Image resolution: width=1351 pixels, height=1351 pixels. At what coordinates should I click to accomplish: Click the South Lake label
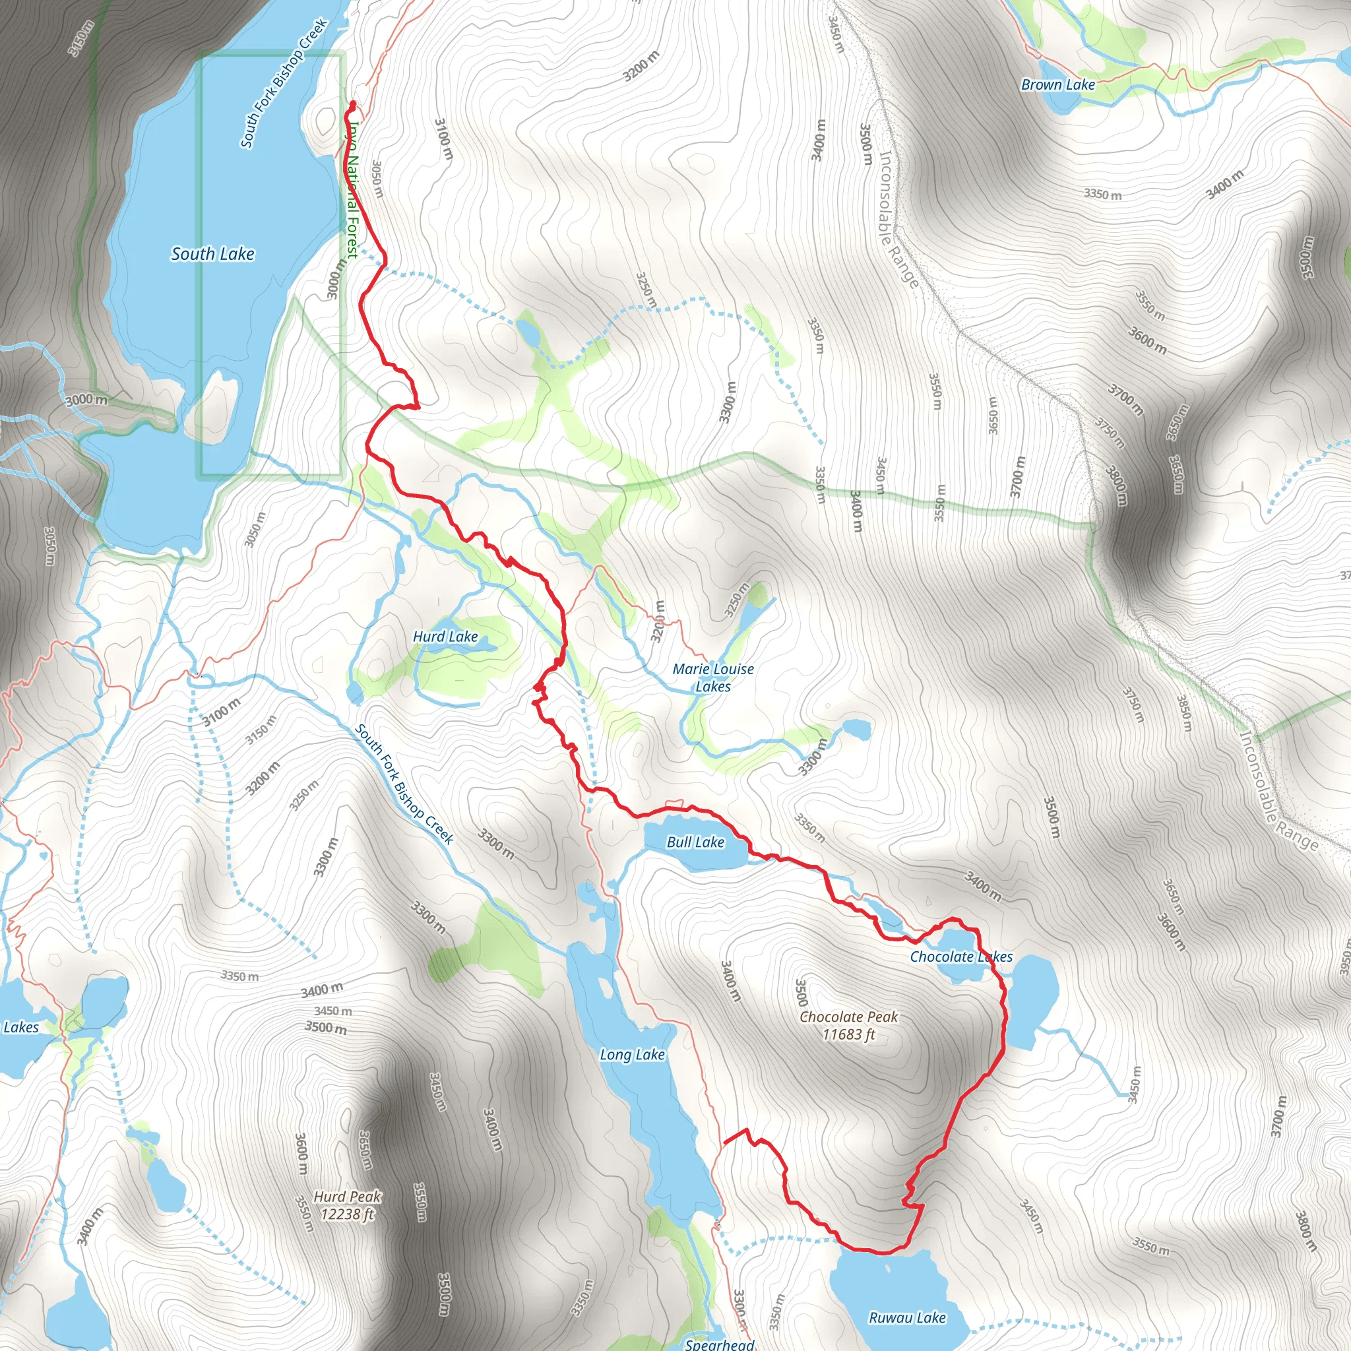point(212,254)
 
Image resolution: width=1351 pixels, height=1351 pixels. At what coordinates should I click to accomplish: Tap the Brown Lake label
point(1057,84)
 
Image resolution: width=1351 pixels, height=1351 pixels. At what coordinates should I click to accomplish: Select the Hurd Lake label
point(445,637)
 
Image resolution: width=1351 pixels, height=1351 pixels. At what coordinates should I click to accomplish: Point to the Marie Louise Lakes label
point(712,677)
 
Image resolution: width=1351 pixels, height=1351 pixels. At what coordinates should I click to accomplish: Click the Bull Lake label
point(695,842)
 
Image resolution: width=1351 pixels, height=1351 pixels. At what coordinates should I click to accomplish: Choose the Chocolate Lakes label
point(960,957)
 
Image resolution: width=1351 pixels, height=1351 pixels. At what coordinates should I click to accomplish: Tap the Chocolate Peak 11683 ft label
point(848,1025)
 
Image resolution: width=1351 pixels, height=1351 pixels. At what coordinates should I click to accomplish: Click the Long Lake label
point(632,1055)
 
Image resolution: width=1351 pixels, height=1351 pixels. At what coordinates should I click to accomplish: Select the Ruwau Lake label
point(907,1317)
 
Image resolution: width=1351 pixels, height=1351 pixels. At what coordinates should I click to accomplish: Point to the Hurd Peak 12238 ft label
point(348,1205)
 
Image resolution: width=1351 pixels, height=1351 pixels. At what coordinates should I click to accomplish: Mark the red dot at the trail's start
point(352,105)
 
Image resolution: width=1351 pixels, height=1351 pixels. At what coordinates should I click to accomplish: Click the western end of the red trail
point(724,1142)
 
